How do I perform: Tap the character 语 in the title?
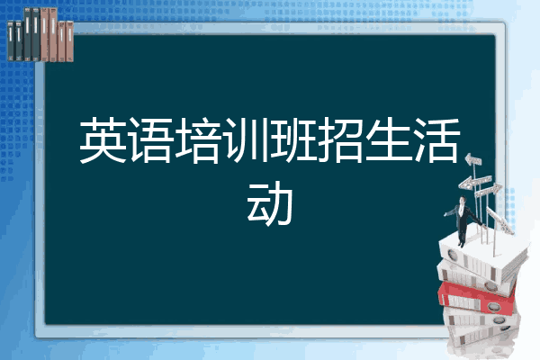[x=151, y=140]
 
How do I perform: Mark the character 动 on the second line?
[x=270, y=206]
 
